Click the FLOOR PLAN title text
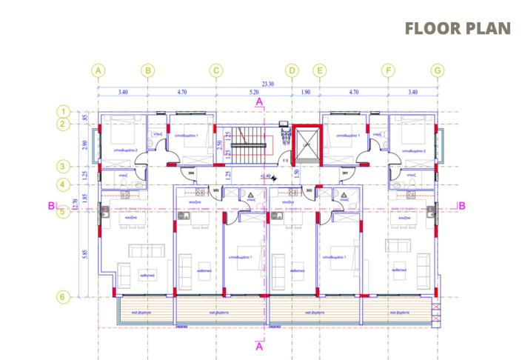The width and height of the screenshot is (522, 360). click(458, 28)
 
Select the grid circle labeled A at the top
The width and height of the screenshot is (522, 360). click(98, 71)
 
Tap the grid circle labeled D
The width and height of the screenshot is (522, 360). click(292, 71)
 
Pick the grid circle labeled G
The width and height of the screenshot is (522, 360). click(438, 71)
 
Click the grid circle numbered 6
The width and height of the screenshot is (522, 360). click(64, 297)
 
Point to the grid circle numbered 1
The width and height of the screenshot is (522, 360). click(64, 111)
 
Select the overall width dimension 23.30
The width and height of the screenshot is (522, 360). click(267, 84)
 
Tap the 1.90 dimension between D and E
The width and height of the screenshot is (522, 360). click(306, 93)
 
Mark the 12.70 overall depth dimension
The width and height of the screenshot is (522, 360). click(74, 204)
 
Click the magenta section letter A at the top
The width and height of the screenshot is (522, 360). click(259, 101)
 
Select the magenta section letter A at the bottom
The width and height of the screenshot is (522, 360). click(259, 345)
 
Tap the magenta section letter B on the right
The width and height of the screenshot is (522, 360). click(461, 206)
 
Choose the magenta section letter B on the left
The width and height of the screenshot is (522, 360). click(51, 206)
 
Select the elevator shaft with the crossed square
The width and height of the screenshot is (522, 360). click(305, 145)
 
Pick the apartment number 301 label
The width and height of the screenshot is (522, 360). click(344, 173)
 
